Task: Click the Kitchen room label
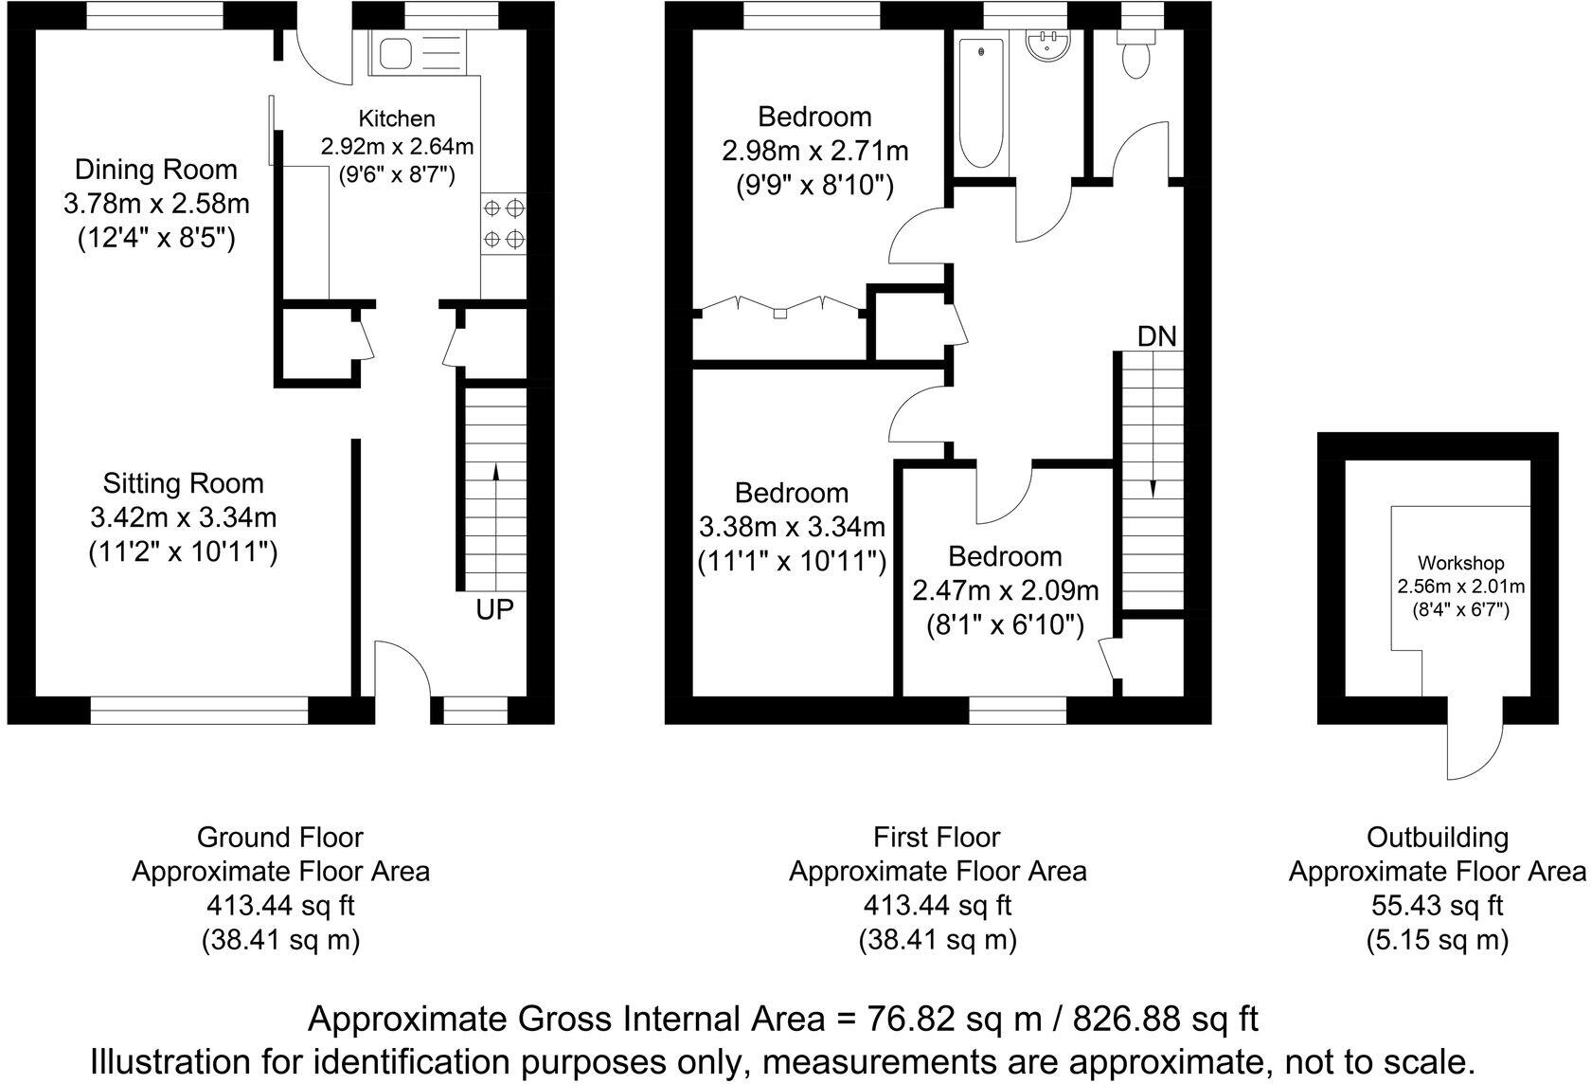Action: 397,118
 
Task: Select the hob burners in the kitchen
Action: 503,223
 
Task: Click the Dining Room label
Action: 156,171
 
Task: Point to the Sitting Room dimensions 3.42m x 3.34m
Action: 184,517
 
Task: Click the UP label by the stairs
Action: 494,610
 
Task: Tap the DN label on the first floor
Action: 1156,336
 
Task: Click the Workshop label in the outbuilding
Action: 1460,564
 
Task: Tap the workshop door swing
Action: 1475,744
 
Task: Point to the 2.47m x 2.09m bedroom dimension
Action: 1006,591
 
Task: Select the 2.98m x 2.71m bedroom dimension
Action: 814,152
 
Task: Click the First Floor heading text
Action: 937,838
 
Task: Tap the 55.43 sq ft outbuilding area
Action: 1437,906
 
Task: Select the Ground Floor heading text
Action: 279,838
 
